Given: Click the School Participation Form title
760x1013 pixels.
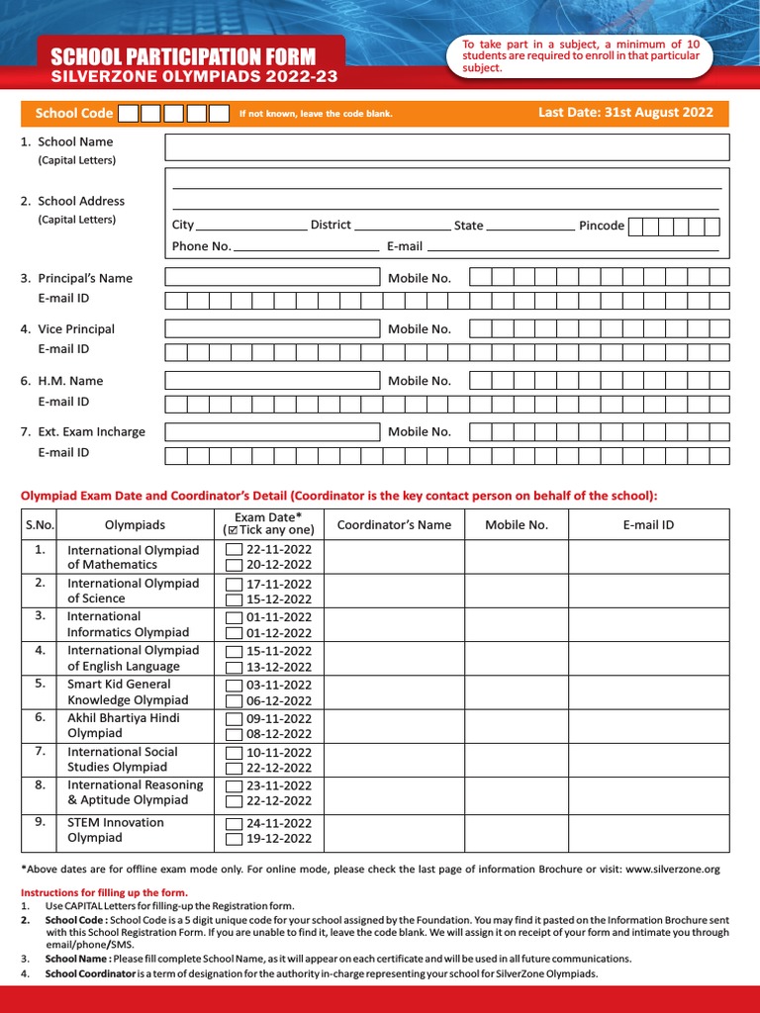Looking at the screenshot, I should pyautogui.click(x=183, y=57).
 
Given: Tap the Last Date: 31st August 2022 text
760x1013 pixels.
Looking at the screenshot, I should pyautogui.click(x=625, y=113).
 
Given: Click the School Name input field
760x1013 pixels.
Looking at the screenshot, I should pyautogui.click(x=446, y=147).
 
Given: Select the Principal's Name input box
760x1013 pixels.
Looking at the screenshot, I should pyautogui.click(x=272, y=278).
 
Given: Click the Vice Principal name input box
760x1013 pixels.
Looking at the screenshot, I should pyautogui.click(x=272, y=328).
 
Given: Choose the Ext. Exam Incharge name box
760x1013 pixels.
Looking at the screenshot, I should pyautogui.click(x=272, y=431).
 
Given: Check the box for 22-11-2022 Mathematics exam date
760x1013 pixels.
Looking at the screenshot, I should pyautogui.click(x=234, y=550).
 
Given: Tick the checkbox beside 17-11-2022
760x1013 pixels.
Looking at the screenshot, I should pyautogui.click(x=234, y=584).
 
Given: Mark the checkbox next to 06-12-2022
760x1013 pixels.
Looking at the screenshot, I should pyautogui.click(x=234, y=700).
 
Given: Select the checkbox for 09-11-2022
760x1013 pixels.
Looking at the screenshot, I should pyautogui.click(x=234, y=719).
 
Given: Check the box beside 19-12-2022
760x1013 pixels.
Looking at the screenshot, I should pyautogui.click(x=234, y=839).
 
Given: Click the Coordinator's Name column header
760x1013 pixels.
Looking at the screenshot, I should pyautogui.click(x=394, y=525).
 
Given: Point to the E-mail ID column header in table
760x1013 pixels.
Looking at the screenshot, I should pyautogui.click(x=648, y=525).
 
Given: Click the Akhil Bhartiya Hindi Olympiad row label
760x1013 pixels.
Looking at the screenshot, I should pyautogui.click(x=123, y=726).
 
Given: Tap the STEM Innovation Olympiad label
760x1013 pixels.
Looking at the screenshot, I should pyautogui.click(x=115, y=830).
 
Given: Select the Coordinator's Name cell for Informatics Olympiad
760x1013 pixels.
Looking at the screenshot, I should pyautogui.click(x=394, y=624).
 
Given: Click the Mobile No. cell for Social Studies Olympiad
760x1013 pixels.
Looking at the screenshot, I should pyautogui.click(x=516, y=759).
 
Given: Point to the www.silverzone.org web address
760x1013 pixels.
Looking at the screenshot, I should pyautogui.click(x=673, y=869).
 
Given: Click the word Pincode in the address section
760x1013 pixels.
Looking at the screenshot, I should pyautogui.click(x=602, y=226).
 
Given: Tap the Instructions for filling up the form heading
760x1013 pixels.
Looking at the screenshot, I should pyautogui.click(x=104, y=892).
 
